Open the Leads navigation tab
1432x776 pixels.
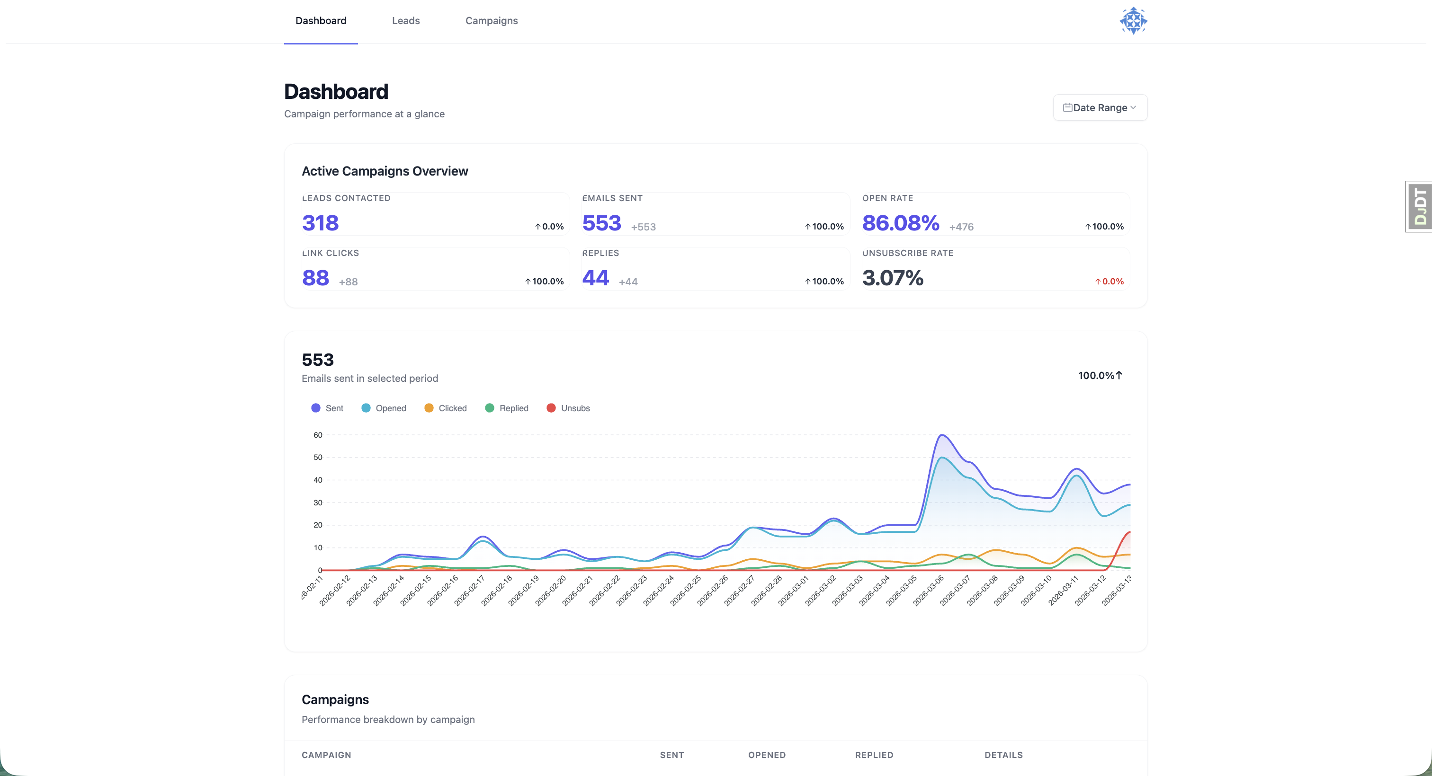tap(405, 20)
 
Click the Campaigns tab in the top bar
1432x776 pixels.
tap(491, 20)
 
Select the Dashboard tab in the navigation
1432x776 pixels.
tap(321, 20)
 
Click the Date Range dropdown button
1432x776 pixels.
tap(1100, 107)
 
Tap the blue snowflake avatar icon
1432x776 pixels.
tap(1133, 20)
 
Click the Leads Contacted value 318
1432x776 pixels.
tap(320, 223)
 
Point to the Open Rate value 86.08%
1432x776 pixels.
tap(900, 223)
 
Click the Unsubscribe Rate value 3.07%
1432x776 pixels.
tap(892, 278)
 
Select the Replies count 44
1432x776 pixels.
tap(595, 278)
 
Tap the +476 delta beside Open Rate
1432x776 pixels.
tap(961, 227)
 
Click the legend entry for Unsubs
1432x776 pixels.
tap(568, 408)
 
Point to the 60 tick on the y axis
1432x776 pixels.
tap(317, 435)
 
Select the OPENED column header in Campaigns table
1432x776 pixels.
tap(767, 755)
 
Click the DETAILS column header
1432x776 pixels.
tap(1003, 755)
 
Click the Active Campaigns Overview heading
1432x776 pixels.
tap(385, 171)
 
